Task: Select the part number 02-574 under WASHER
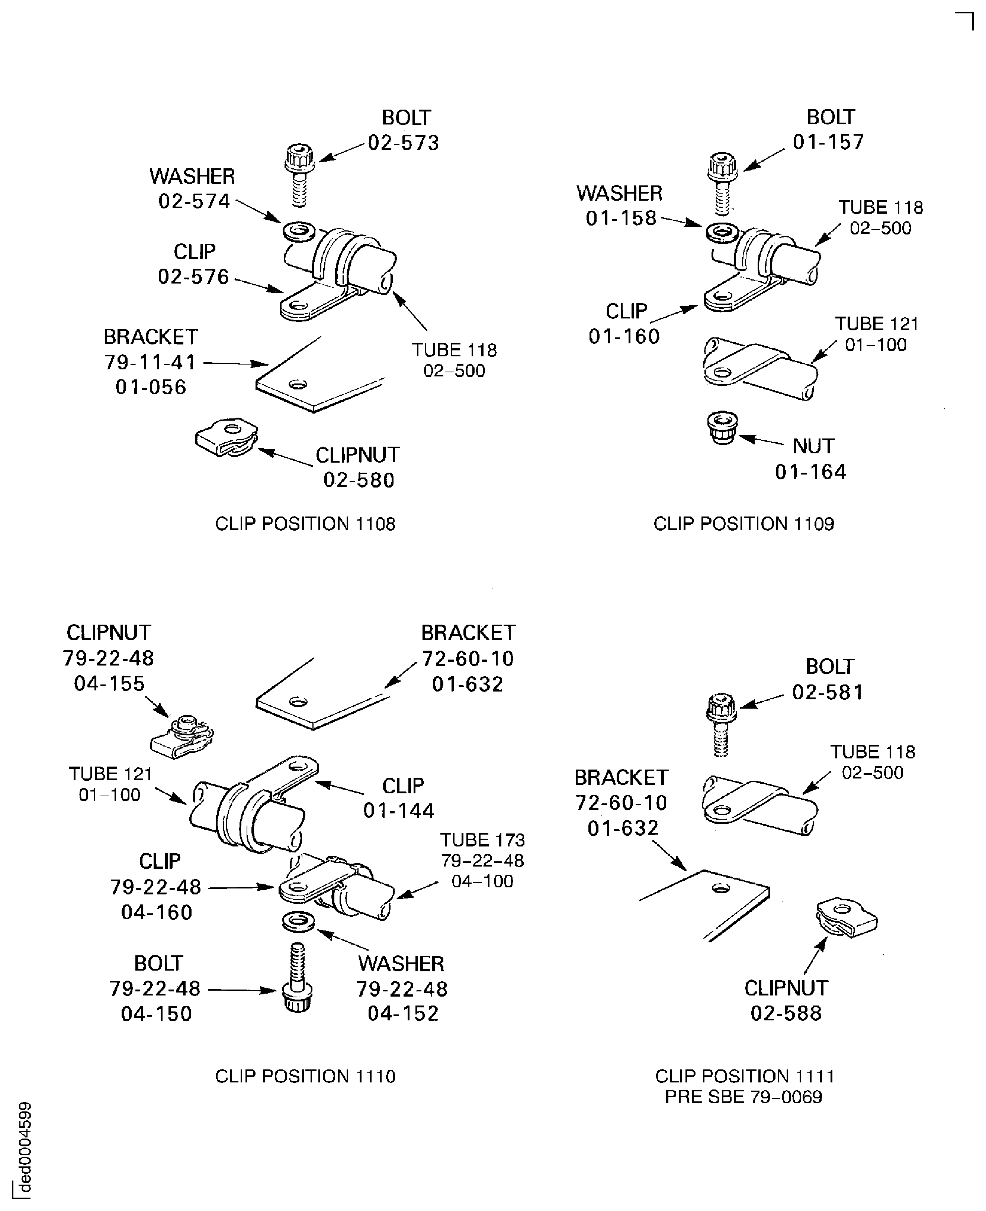194,201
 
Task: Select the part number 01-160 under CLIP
624,337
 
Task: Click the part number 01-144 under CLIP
399,810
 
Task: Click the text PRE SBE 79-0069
743,1097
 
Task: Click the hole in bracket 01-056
298,384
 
